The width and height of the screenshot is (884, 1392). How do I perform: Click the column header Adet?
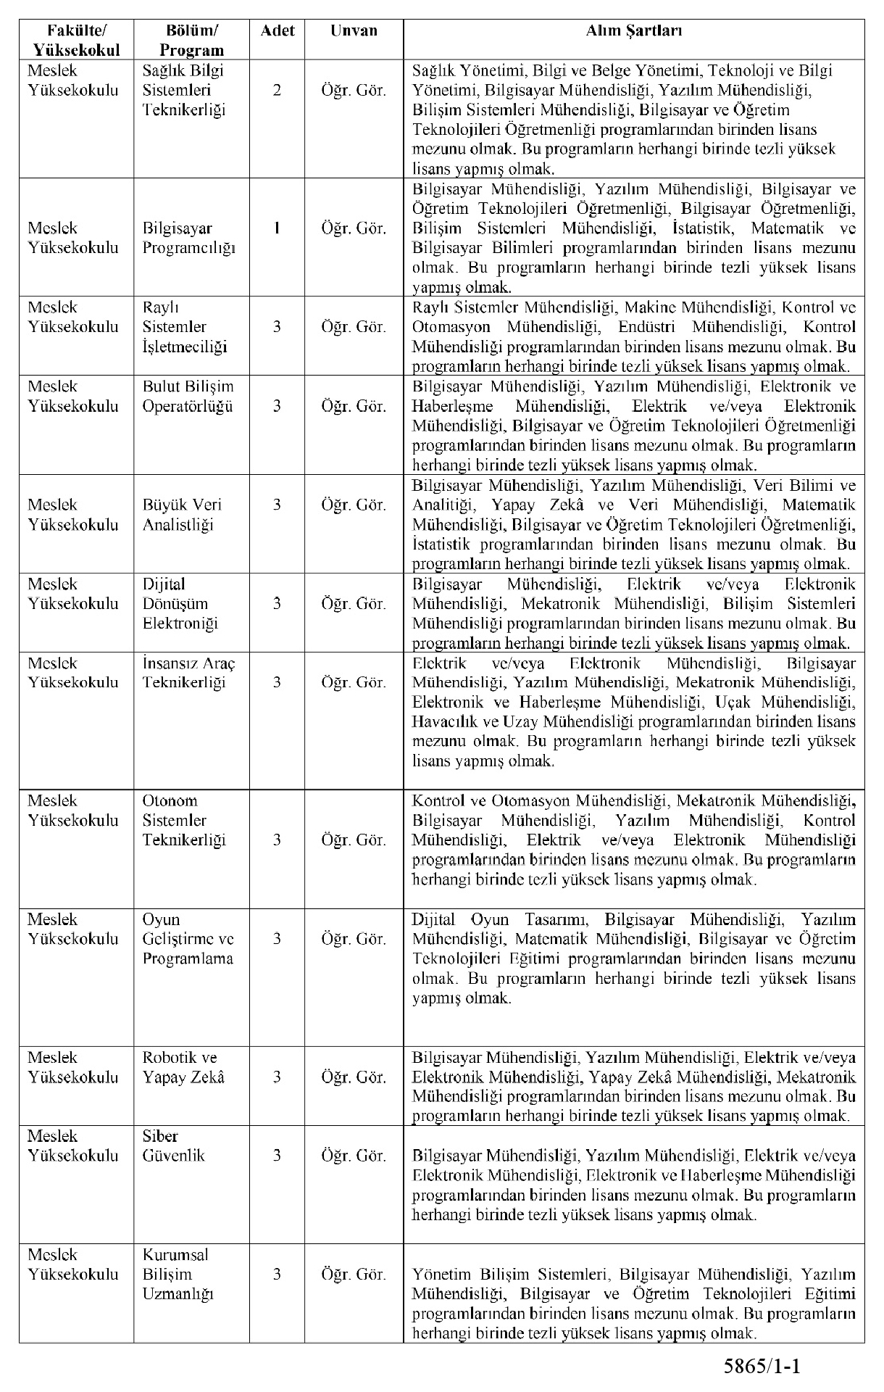(x=277, y=31)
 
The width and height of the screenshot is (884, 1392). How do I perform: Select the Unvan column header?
(x=354, y=31)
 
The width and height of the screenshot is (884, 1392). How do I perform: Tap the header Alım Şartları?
(x=633, y=31)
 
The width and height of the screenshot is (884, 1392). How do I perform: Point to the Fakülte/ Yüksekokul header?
(x=76, y=40)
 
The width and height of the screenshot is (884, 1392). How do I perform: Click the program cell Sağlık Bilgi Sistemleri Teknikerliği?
(x=184, y=91)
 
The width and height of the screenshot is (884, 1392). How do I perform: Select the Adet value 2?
(x=277, y=91)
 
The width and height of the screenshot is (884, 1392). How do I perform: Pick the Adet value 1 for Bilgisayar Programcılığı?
(x=277, y=228)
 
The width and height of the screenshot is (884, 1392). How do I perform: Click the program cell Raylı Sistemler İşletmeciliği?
(x=184, y=327)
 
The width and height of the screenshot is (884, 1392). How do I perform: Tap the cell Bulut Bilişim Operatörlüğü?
(x=188, y=396)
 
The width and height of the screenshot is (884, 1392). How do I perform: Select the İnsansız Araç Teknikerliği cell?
(x=188, y=672)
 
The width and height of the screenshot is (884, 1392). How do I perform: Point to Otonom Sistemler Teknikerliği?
(x=184, y=820)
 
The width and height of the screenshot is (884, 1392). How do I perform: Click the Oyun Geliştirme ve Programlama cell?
(x=188, y=939)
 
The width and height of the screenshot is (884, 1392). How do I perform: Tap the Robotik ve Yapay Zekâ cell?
(x=183, y=1067)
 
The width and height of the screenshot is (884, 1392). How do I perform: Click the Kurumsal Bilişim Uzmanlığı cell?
(x=178, y=1274)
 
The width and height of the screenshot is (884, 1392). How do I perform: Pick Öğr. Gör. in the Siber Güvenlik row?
(x=354, y=1156)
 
